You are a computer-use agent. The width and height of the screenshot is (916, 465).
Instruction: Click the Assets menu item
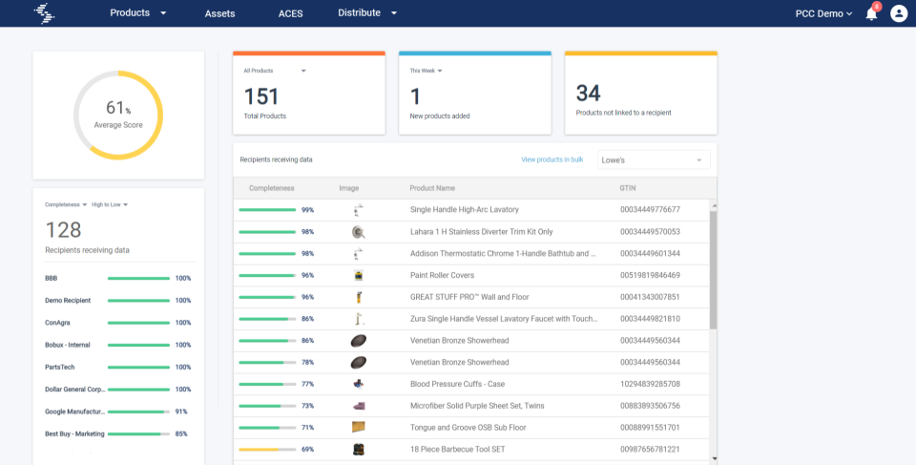click(219, 13)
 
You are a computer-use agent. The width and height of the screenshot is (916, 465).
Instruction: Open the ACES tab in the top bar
click(290, 13)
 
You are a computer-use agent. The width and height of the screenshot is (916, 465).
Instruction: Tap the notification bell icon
click(871, 13)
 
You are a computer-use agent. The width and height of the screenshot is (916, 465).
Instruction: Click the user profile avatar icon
click(899, 13)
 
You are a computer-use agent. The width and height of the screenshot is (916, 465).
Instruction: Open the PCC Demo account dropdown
click(823, 13)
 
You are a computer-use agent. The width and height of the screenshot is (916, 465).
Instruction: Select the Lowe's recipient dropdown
click(654, 159)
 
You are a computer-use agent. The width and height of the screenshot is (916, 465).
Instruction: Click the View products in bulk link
click(552, 159)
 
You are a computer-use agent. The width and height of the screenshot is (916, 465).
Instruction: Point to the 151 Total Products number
click(260, 95)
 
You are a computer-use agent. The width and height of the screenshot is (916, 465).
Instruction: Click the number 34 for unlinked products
click(588, 93)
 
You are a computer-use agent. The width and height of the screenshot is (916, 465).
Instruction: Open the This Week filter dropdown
click(427, 71)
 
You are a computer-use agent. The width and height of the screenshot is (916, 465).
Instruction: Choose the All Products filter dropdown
click(275, 71)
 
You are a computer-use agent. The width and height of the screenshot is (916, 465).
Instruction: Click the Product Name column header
click(432, 188)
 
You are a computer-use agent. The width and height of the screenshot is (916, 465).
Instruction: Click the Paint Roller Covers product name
click(442, 275)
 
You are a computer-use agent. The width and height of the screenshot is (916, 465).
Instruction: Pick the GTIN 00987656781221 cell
click(650, 449)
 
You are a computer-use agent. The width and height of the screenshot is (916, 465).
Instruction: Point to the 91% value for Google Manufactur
click(180, 412)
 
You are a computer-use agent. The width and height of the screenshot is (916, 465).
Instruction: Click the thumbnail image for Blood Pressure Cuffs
click(358, 384)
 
